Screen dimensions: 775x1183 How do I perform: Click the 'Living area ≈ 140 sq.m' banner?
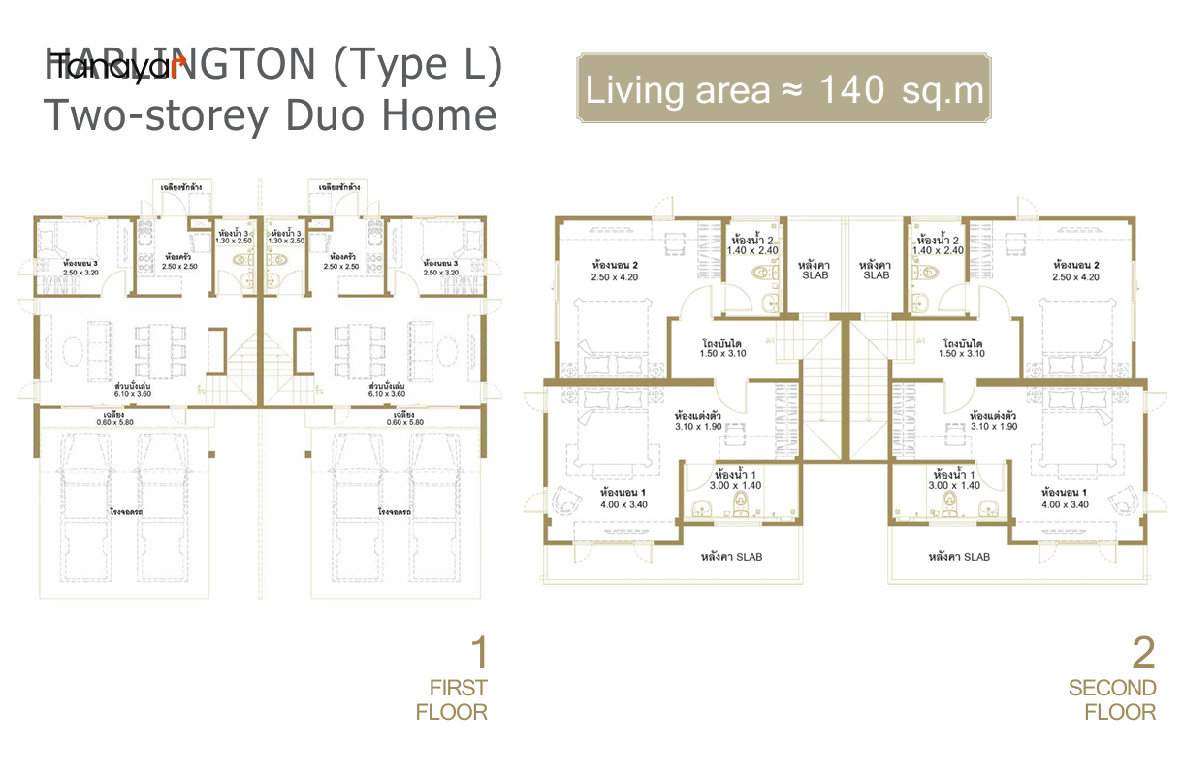point(784,90)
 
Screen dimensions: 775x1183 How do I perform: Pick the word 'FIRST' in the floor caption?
point(459,688)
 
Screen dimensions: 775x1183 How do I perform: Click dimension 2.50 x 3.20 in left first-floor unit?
point(81,273)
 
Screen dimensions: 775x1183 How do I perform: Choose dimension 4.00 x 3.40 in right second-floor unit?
point(1065,504)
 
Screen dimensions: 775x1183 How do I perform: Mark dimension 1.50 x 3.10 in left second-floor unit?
point(721,354)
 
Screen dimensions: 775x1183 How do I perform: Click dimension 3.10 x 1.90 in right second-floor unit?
point(993,426)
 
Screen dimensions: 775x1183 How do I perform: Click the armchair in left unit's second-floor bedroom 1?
point(563,500)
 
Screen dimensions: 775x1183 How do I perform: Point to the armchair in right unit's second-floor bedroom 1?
point(1124,500)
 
